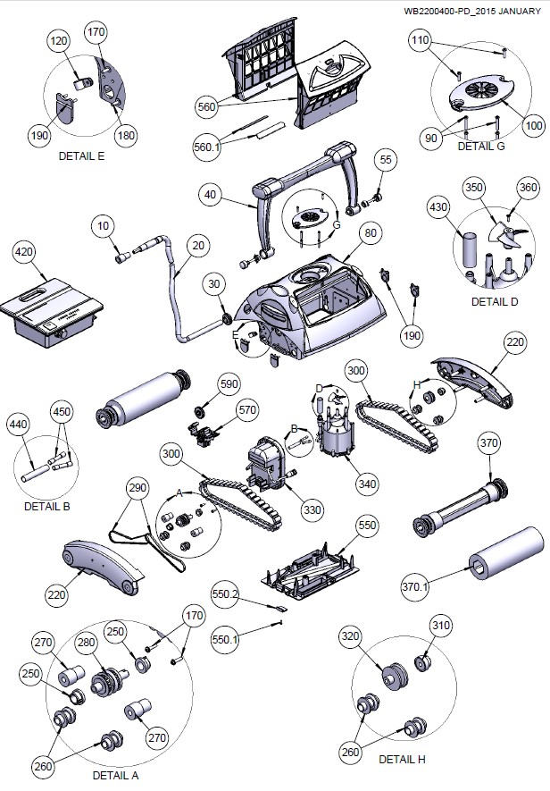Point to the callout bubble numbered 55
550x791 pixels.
385,160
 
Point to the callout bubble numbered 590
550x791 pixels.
229,383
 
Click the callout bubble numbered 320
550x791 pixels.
350,637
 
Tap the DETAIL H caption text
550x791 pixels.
402,759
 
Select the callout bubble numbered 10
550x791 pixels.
104,227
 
